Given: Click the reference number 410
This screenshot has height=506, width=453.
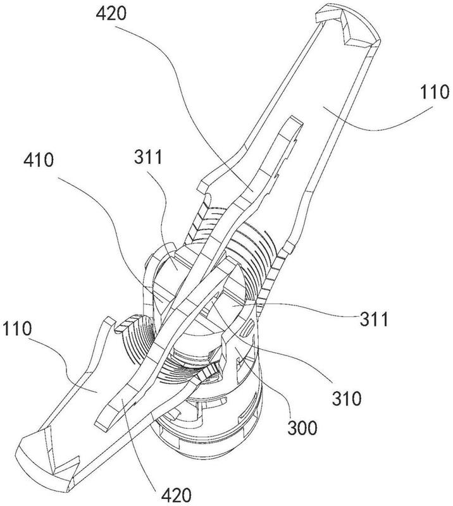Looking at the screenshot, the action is tap(39, 161).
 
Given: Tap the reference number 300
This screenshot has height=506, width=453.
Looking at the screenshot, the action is tap(302, 428).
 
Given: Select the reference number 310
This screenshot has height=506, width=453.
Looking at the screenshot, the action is tap(347, 398).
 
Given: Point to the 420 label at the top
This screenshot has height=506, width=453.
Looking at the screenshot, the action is tap(111, 14).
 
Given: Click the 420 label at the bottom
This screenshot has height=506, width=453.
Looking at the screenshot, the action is tap(177, 495).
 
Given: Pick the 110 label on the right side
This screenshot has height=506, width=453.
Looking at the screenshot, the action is tap(435, 92).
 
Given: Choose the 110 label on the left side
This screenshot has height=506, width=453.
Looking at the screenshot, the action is tap(17, 329).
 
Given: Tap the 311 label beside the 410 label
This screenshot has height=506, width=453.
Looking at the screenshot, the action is tap(148, 157).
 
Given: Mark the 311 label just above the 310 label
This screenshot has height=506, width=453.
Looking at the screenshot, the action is tap(374, 319).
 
